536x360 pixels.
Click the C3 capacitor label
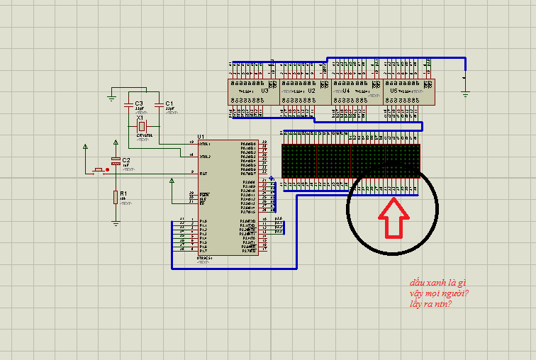click(x=139, y=103)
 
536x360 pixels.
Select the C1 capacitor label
click(x=169, y=103)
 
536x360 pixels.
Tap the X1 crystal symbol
click(x=140, y=125)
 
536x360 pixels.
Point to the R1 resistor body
click(x=116, y=197)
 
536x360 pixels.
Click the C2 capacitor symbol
click(x=116, y=162)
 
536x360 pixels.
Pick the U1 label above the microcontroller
click(x=201, y=136)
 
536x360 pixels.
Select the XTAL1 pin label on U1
click(x=205, y=143)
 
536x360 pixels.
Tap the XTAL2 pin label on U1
click(x=205, y=156)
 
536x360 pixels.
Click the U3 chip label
click(x=264, y=91)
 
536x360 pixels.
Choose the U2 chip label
click(x=311, y=91)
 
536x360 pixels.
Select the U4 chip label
click(x=346, y=91)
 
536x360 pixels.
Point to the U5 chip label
click(x=394, y=91)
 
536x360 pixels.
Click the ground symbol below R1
click(x=116, y=223)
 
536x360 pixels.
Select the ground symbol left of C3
click(x=112, y=96)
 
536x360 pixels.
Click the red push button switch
click(x=99, y=170)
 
